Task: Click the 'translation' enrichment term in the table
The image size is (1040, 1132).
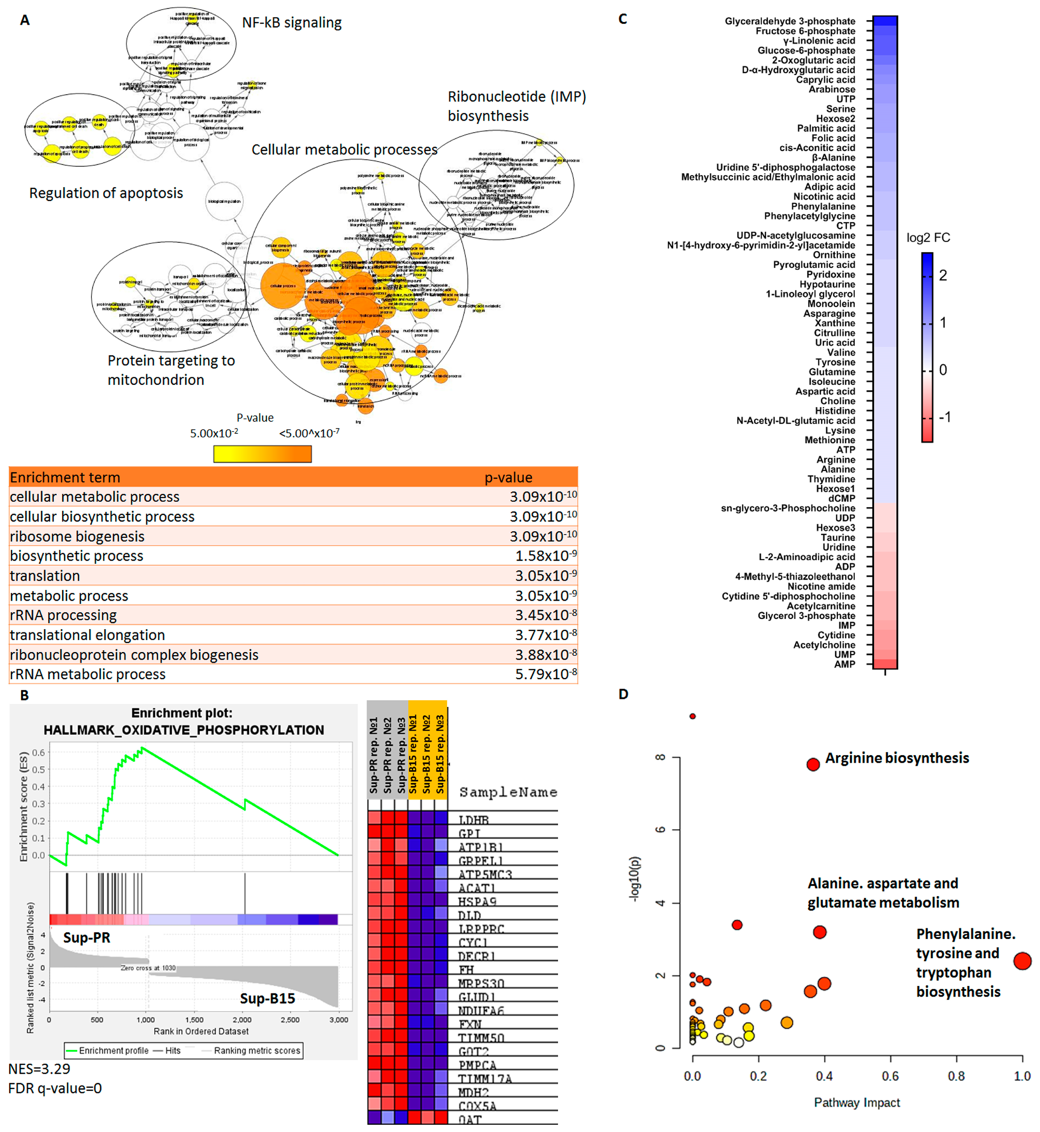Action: (x=45, y=576)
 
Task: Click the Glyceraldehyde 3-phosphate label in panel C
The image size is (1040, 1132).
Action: (x=789, y=21)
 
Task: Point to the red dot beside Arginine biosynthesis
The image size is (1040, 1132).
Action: (x=813, y=764)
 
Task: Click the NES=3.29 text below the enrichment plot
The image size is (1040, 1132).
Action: (x=39, y=1069)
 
